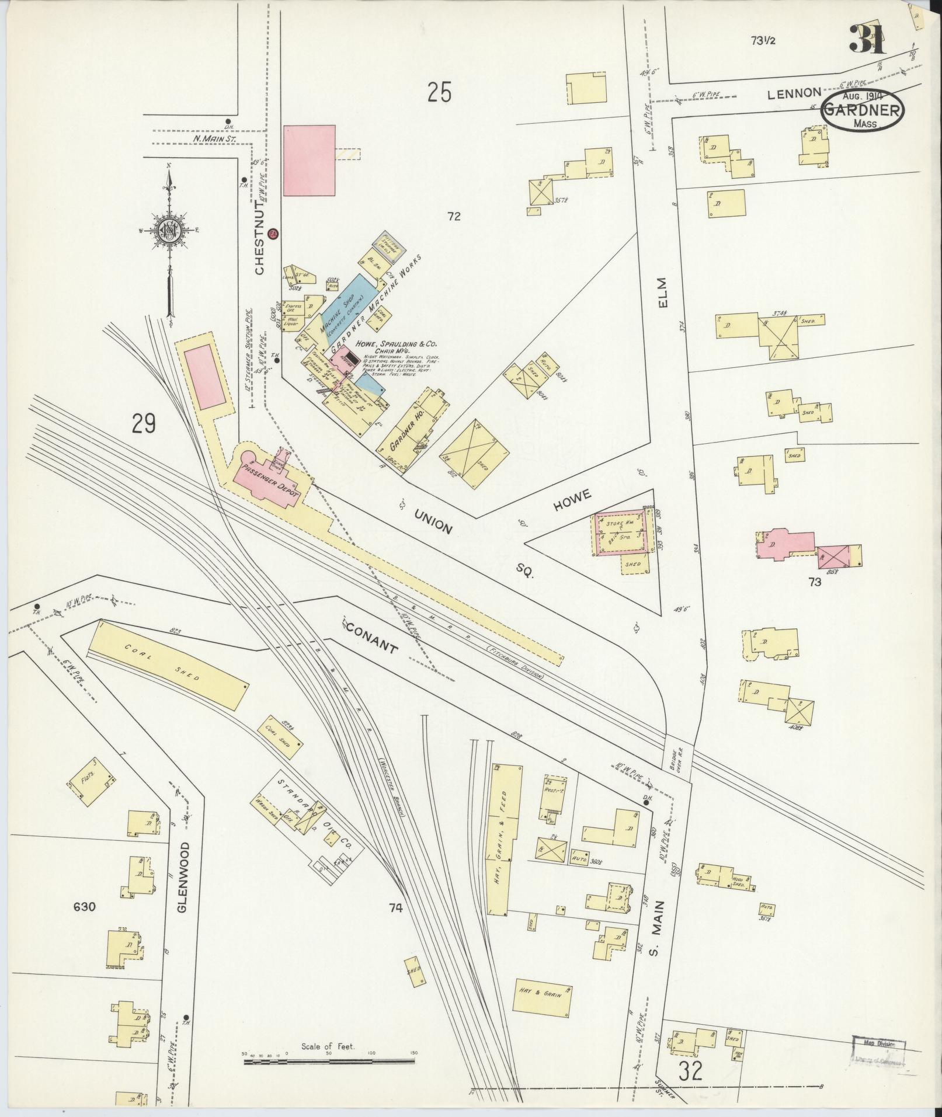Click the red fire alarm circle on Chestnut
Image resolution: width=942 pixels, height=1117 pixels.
pos(272,234)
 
